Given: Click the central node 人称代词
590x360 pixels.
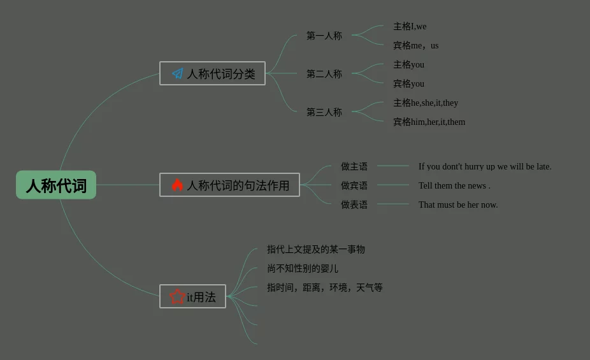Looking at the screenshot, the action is [x=56, y=185].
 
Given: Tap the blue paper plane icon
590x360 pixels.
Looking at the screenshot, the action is [x=178, y=74].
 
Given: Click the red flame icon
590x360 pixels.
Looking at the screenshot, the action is [x=177, y=185].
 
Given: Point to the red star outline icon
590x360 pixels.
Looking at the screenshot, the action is [x=177, y=297].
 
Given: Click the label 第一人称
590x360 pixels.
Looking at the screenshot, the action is [x=324, y=36].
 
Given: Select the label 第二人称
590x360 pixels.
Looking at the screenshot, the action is [x=324, y=74].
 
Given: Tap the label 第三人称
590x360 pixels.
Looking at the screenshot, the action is [x=324, y=112].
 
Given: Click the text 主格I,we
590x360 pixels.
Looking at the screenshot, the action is [x=410, y=27].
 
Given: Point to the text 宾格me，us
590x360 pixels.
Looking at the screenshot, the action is [x=415, y=46].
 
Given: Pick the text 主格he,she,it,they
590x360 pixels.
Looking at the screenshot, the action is [x=425, y=103].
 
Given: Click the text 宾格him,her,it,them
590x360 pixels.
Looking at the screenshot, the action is [x=429, y=122].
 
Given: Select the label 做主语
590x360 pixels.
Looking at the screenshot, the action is [x=354, y=167].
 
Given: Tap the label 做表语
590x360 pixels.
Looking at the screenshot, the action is [x=354, y=205].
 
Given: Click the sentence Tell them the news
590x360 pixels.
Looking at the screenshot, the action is [x=454, y=186].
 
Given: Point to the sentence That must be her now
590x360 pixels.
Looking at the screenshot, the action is [x=458, y=205].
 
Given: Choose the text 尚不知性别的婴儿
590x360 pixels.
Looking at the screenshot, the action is [x=303, y=269].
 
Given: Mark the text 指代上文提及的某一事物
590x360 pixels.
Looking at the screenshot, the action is [x=316, y=250].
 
